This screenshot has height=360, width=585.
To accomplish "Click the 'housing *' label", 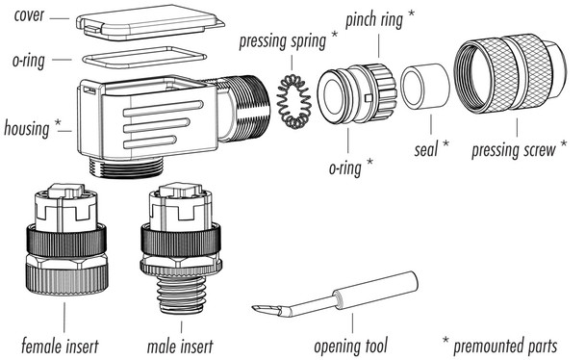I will point(34,127).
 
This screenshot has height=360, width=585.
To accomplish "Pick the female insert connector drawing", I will point(64,241).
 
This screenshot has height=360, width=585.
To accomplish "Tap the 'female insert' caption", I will point(65,343).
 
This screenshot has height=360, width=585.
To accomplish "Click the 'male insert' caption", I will point(181,343).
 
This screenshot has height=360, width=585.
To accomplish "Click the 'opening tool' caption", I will point(351,343).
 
